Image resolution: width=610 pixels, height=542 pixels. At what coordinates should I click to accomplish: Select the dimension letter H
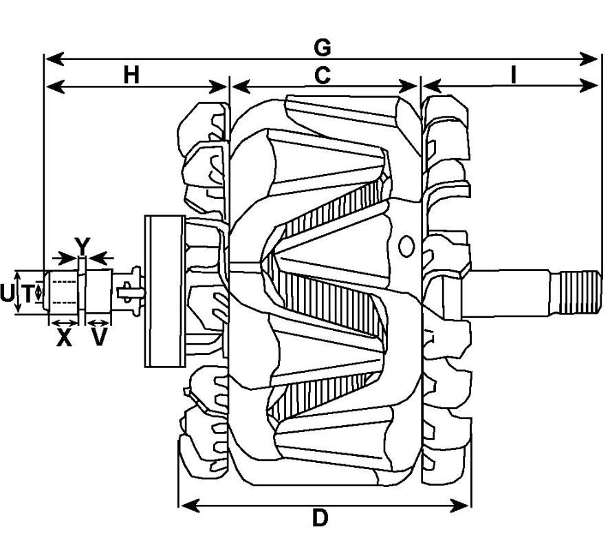[131, 75]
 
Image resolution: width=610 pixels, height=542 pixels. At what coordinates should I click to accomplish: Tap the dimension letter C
[322, 75]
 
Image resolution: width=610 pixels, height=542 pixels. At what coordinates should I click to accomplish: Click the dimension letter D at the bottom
[320, 519]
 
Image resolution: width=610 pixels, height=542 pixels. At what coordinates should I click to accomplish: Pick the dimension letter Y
[82, 245]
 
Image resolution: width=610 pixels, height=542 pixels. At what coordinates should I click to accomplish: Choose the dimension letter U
[7, 294]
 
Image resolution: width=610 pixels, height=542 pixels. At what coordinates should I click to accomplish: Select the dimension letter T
[28, 294]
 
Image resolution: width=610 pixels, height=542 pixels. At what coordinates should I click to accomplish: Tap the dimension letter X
[64, 338]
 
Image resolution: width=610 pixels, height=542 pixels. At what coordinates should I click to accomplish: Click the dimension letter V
[99, 338]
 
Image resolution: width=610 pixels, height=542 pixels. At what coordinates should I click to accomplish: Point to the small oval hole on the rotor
[406, 245]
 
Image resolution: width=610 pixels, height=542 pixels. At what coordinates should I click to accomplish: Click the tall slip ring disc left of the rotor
[164, 291]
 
